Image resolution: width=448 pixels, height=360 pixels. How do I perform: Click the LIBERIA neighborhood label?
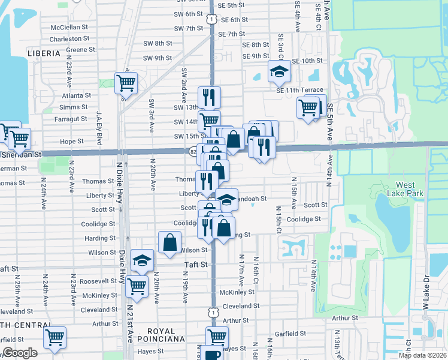44,53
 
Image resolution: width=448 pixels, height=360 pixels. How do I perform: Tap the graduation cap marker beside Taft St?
142,260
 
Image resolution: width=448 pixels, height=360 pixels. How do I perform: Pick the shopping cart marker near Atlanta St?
126,83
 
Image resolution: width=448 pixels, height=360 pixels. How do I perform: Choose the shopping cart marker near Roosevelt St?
137,286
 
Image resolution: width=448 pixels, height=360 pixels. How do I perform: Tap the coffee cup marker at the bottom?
211,354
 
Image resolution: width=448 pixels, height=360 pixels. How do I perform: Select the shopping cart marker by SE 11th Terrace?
308,109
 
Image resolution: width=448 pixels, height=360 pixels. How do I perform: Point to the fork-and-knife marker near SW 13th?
210,97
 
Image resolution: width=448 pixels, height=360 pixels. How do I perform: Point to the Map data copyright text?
423,355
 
